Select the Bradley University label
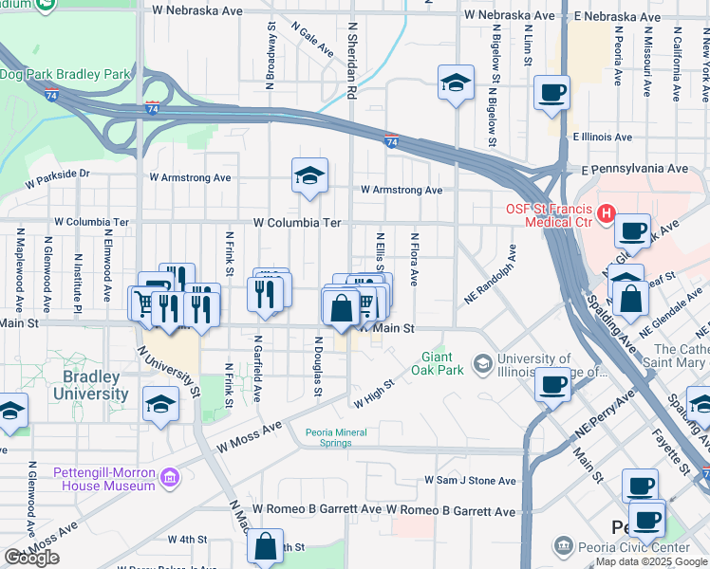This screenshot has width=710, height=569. (x=95, y=385)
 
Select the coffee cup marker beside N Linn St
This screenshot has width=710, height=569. (x=551, y=93)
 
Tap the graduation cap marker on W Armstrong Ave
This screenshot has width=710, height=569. (x=309, y=175)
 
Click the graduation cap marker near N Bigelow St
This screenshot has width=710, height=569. (x=457, y=83)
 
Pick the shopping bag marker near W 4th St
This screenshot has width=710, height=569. (x=266, y=546)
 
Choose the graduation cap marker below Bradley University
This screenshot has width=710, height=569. (x=161, y=405)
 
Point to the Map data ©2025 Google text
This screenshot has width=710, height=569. (x=651, y=561)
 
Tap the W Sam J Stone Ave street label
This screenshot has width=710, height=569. (x=471, y=481)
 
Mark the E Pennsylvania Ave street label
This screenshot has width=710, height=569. (x=634, y=168)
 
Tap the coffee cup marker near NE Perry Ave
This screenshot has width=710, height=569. (x=551, y=385)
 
